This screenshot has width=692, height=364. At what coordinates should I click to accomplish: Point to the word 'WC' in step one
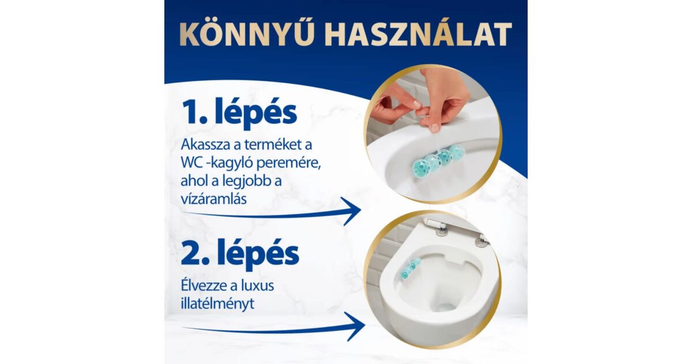pos(192,162)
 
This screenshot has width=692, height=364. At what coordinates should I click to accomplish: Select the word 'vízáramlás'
pos(214,199)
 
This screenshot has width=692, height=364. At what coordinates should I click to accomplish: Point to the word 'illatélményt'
pos(217,303)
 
